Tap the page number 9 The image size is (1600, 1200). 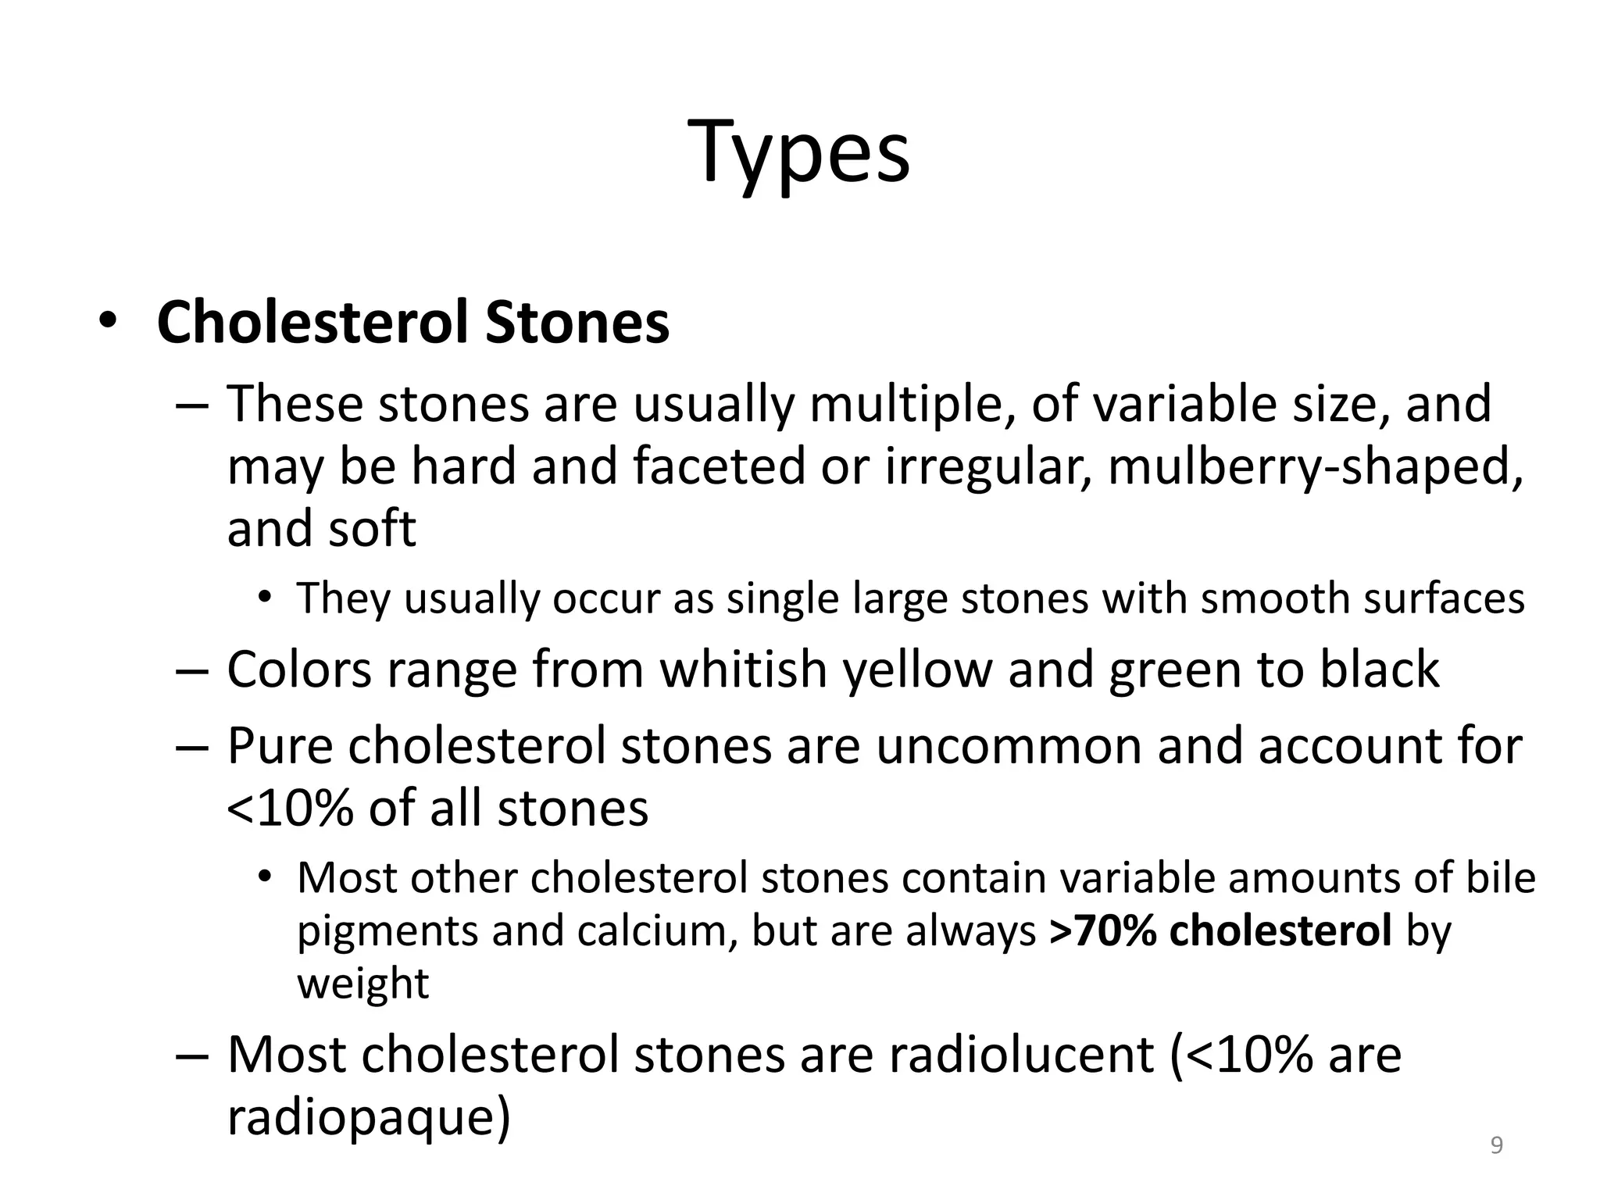tap(1497, 1145)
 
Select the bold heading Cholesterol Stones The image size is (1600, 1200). tap(412, 322)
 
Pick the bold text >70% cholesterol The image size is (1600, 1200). tap(1221, 931)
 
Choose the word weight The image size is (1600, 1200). tap(363, 983)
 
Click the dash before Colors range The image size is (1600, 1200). tap(192, 670)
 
